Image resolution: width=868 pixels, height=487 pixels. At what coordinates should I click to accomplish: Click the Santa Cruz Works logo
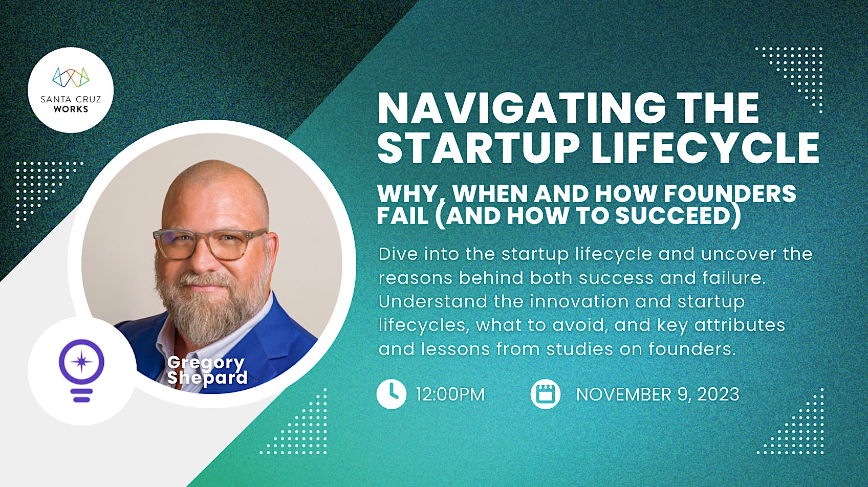tap(71, 90)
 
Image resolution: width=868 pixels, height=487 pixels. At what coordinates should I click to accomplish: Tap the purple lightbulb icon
tap(81, 370)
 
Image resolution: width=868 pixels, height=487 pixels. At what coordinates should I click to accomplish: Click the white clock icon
tap(392, 394)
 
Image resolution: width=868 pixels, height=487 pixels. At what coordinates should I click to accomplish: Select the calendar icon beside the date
tap(545, 394)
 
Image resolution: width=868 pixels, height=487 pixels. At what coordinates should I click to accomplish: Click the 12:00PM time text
tap(450, 394)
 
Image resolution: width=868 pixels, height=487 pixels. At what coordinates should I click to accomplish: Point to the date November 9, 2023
tap(658, 394)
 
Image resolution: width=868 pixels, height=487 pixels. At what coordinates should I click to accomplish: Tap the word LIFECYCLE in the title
tap(705, 148)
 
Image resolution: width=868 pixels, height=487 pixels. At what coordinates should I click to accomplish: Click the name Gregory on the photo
tap(206, 363)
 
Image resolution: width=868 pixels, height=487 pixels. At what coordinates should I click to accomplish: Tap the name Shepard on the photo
tap(207, 378)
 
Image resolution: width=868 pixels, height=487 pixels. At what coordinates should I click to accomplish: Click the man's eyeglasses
tap(209, 244)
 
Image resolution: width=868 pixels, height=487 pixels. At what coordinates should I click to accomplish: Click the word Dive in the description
tap(398, 254)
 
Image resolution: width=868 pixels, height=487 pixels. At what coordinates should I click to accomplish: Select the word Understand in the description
tap(433, 301)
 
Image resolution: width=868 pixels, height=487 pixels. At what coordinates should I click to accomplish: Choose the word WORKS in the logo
tap(71, 109)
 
